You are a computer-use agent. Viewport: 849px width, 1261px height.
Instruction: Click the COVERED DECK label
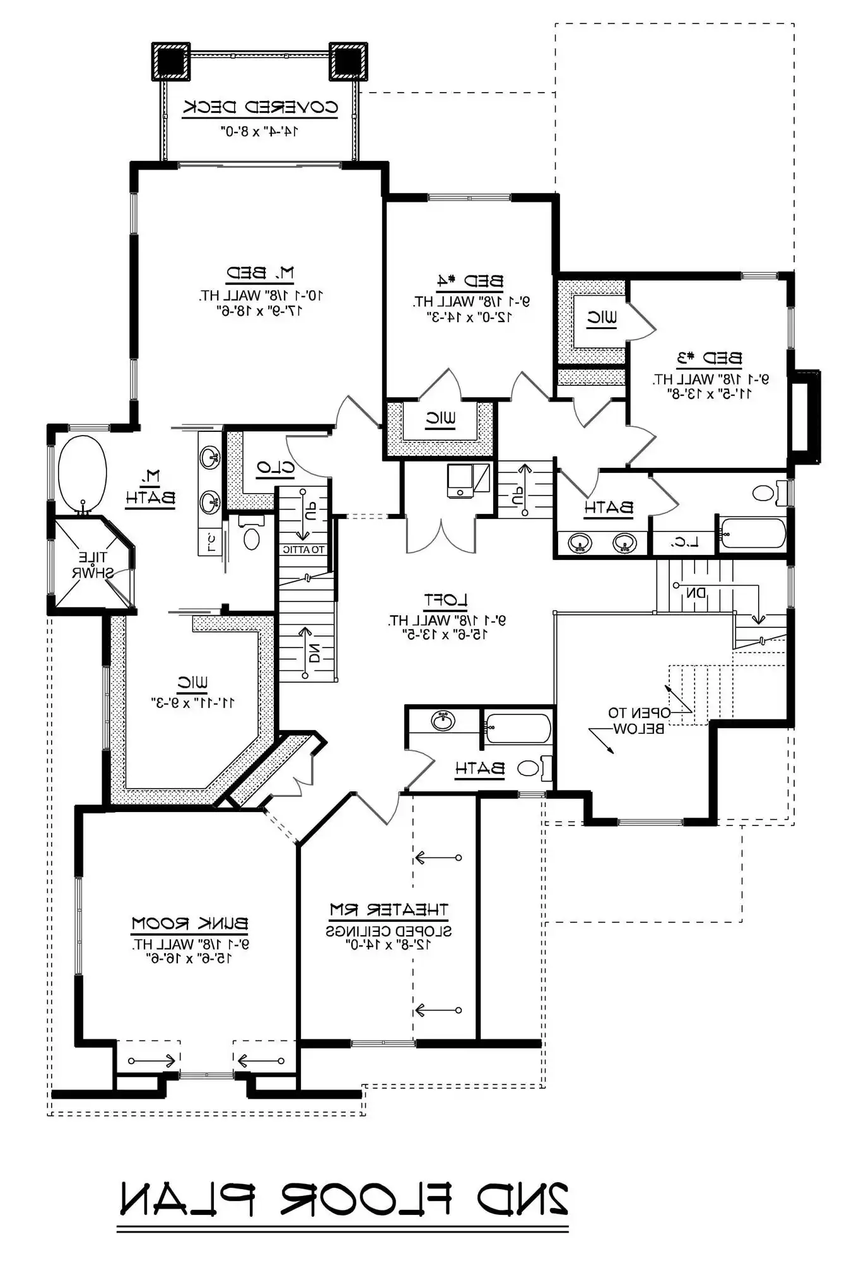pyautogui.click(x=261, y=107)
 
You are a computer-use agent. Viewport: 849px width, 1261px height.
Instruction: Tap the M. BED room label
pyautogui.click(x=260, y=274)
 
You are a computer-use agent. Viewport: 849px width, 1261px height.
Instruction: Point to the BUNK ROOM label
pyautogui.click(x=189, y=924)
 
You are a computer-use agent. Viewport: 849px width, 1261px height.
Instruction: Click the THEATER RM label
pyautogui.click(x=389, y=910)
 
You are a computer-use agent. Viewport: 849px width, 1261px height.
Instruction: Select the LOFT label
pyautogui.click(x=445, y=600)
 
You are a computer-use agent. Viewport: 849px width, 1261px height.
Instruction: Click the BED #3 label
pyautogui.click(x=709, y=359)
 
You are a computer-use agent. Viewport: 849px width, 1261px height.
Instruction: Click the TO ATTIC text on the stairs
pyautogui.click(x=303, y=550)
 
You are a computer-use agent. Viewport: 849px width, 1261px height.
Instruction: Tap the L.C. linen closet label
pyautogui.click(x=683, y=542)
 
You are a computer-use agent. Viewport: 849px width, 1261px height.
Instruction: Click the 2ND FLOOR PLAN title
pyautogui.click(x=344, y=1199)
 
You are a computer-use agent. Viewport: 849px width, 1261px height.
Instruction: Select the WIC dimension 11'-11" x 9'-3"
pyautogui.click(x=192, y=702)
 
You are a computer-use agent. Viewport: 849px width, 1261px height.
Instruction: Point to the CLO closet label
pyautogui.click(x=275, y=467)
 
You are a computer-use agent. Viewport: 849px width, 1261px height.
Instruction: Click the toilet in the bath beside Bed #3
pyautogui.click(x=764, y=492)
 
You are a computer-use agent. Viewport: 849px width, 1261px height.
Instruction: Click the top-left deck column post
pyautogui.click(x=170, y=61)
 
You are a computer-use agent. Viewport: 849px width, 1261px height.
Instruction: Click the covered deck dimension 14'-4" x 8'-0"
pyautogui.click(x=259, y=131)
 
